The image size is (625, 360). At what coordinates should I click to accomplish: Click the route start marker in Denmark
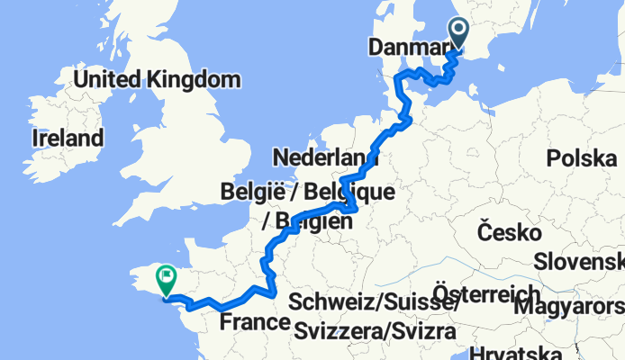pyautogui.click(x=458, y=33)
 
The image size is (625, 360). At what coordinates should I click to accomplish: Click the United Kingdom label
pyautogui.click(x=157, y=79)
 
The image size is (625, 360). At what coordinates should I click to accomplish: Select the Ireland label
pyautogui.click(x=68, y=138)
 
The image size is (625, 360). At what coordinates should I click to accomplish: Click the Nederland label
pyautogui.click(x=325, y=157)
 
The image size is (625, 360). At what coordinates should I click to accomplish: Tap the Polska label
pyautogui.click(x=582, y=159)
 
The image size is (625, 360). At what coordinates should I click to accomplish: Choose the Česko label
pyautogui.click(x=509, y=234)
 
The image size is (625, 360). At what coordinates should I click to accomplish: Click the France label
pyautogui.click(x=253, y=321)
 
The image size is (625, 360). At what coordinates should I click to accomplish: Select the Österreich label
pyautogui.click(x=486, y=293)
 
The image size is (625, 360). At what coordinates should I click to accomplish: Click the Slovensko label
pyautogui.click(x=580, y=261)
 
